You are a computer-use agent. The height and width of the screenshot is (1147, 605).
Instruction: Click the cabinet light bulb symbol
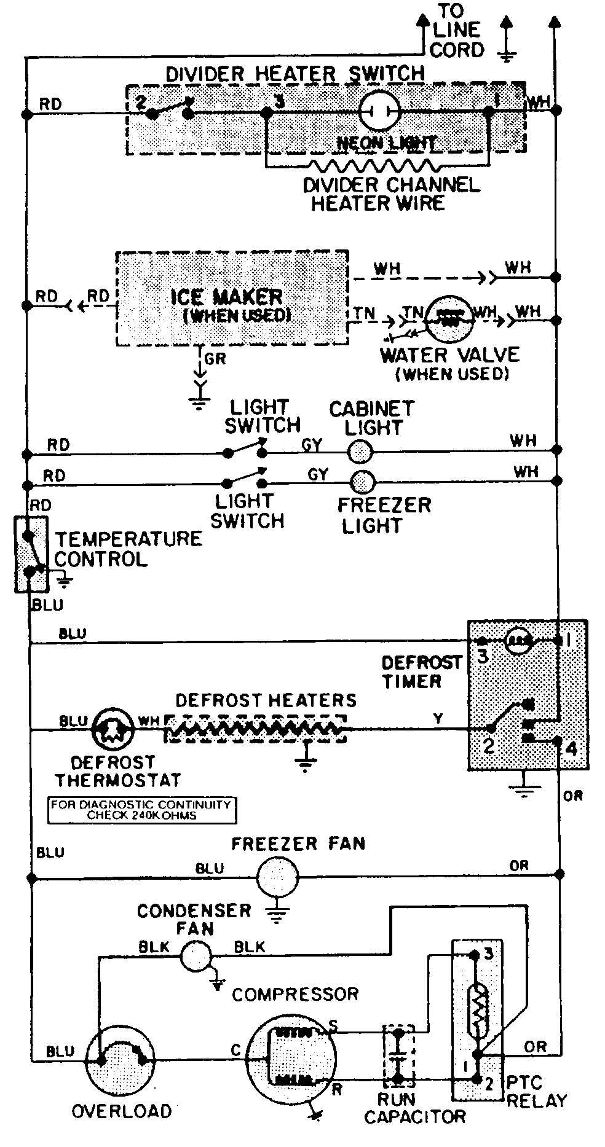coord(359,452)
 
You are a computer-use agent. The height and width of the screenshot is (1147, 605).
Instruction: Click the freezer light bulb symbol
coord(362,480)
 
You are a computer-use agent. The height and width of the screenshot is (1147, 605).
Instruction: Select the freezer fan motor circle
coord(277,876)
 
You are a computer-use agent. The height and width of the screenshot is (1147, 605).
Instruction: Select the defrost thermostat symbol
coord(112,730)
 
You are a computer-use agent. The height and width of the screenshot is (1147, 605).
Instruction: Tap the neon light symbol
coord(379,111)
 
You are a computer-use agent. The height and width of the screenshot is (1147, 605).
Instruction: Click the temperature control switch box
coord(31,554)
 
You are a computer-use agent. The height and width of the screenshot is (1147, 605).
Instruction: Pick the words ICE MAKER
coord(226,297)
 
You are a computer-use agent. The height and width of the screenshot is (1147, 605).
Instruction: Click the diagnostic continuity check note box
coord(142,810)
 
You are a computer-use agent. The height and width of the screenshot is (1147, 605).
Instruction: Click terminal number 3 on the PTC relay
coord(488,953)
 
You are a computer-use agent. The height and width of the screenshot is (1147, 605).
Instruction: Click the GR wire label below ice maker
coord(215,359)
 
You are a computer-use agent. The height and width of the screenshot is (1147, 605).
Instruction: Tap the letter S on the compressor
coord(333,1025)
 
